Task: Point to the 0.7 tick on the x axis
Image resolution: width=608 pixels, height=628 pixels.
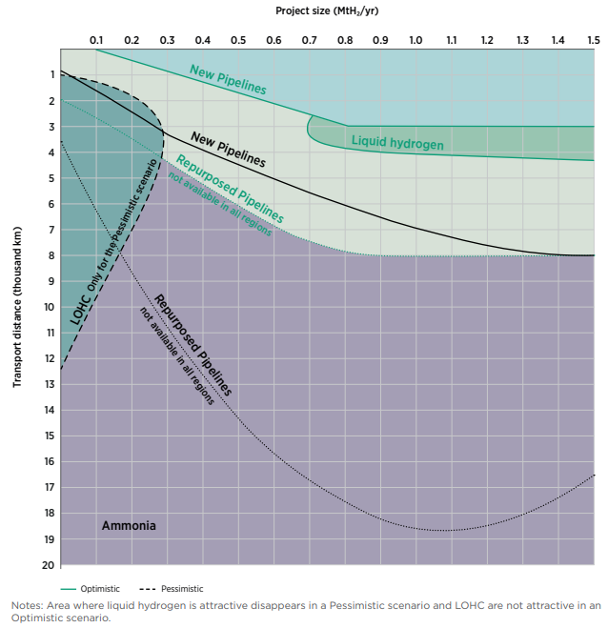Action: click(x=310, y=41)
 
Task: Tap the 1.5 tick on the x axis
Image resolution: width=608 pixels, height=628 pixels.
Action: click(x=593, y=41)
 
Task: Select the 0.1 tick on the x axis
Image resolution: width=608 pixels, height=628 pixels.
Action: click(x=96, y=41)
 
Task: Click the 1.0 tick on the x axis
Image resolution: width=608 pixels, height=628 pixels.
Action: click(x=415, y=41)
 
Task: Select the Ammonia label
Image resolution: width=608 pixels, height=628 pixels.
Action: click(x=129, y=526)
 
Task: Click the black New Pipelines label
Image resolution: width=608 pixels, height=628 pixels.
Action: click(x=228, y=150)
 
